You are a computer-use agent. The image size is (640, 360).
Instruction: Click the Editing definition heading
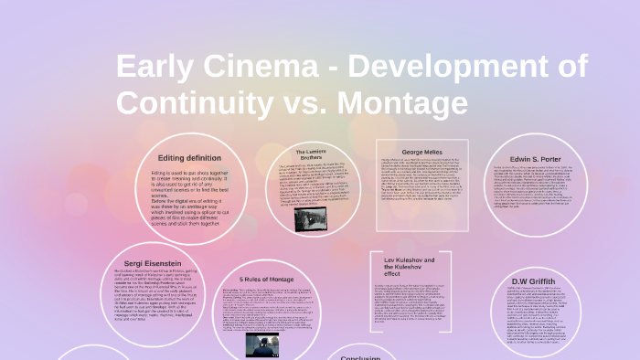coord(190,157)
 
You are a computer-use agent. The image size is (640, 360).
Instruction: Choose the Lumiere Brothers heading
coord(312,154)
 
